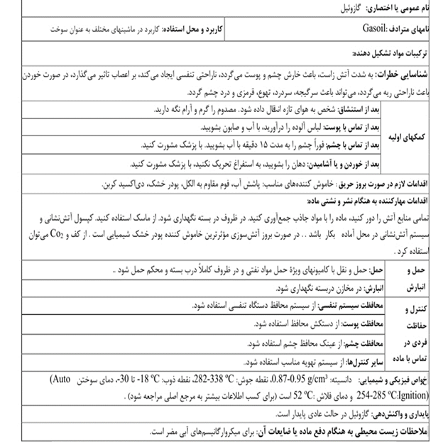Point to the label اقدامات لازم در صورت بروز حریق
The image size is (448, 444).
click(381, 182)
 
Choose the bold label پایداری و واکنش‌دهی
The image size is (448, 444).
click(404, 414)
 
